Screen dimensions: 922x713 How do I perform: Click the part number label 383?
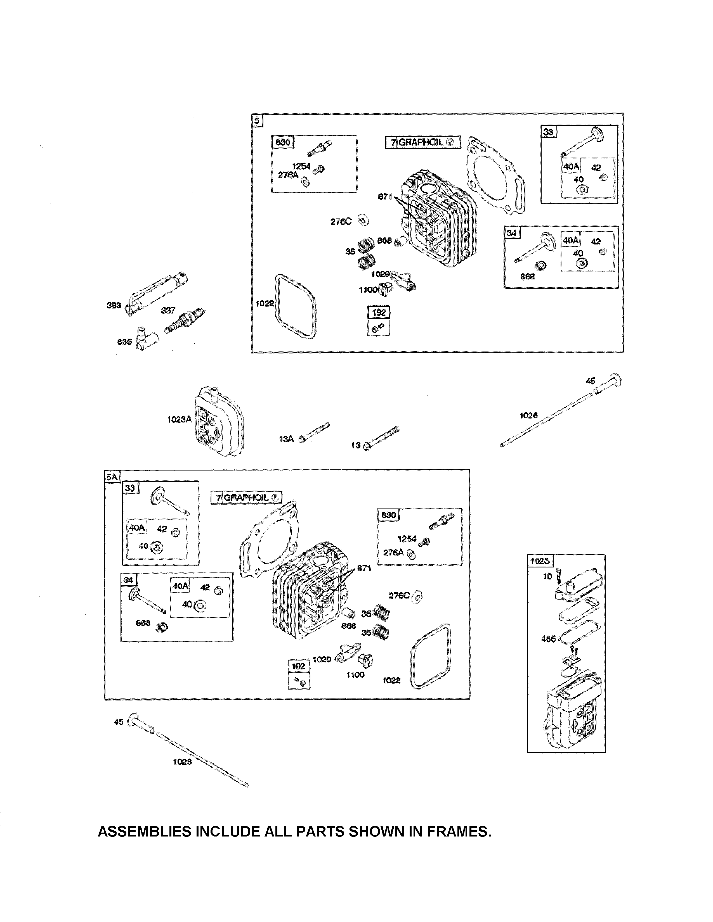(114, 305)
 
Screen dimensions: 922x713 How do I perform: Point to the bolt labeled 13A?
(314, 432)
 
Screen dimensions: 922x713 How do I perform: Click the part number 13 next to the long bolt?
(356, 445)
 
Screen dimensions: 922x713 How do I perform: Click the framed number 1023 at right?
(539, 561)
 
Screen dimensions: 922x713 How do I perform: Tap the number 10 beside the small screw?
(547, 576)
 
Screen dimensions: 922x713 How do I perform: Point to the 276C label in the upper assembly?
(341, 221)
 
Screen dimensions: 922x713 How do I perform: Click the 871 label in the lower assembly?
(364, 568)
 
